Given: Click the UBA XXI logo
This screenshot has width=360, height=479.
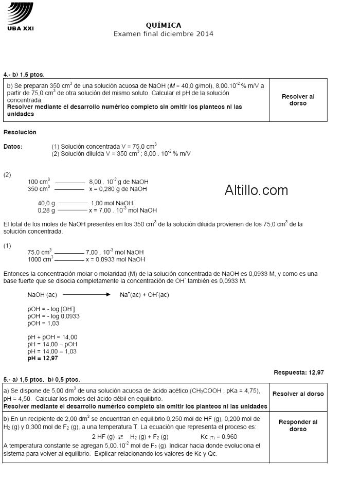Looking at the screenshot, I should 21,16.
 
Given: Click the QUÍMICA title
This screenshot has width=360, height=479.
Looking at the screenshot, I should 164,25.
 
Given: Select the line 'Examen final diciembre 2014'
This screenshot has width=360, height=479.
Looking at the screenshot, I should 164,33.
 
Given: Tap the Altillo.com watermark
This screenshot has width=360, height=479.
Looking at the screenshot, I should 256,190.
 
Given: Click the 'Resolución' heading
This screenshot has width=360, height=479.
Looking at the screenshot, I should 20,132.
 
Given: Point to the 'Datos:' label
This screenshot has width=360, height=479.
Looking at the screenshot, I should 13,147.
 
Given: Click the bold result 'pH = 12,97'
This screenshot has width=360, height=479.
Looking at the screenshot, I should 43,358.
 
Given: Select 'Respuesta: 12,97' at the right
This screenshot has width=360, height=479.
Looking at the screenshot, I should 299,371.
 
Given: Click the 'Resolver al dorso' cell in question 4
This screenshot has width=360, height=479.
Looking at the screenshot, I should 298,100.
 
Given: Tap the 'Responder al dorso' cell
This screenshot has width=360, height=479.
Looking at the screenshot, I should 298,425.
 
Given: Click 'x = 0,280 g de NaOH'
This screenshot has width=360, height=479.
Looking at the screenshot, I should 118,189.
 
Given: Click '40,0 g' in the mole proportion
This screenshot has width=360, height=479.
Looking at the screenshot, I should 46,203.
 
